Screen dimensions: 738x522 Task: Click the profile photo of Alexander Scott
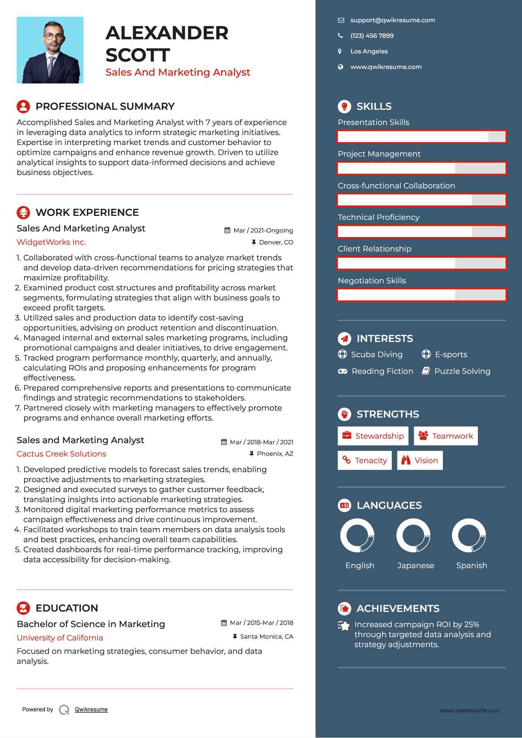(50, 50)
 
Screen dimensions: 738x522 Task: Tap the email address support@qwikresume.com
(393, 20)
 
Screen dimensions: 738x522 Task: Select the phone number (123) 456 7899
(372, 36)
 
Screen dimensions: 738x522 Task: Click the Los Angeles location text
(369, 52)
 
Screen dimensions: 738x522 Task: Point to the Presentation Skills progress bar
(421, 136)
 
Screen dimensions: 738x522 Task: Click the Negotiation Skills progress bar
(421, 295)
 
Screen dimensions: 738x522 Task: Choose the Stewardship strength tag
(373, 436)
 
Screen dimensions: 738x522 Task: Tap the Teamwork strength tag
(446, 436)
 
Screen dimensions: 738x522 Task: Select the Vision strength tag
(420, 461)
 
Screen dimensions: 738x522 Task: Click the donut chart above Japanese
(413, 535)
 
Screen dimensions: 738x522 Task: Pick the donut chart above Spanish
(469, 535)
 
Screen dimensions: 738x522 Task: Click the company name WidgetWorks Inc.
(51, 242)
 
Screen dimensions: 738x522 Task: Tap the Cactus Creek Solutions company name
(61, 454)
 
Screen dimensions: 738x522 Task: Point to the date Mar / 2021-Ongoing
(263, 231)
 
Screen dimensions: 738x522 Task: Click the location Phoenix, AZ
(275, 454)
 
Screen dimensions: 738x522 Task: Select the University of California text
(60, 638)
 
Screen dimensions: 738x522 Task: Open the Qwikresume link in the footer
(91, 709)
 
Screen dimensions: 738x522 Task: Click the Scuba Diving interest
(377, 355)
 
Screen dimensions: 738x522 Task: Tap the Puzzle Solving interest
(462, 371)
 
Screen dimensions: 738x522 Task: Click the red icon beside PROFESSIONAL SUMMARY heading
(23, 106)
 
